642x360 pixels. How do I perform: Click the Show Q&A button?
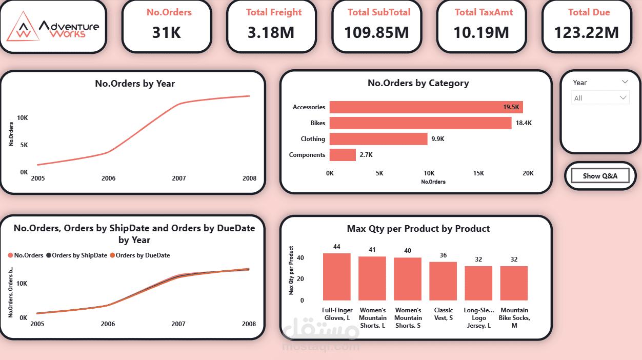point(600,176)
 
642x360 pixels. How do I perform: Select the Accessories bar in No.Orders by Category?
point(426,107)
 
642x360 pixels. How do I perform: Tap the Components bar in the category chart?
point(343,155)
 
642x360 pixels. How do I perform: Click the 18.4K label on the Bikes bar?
point(524,123)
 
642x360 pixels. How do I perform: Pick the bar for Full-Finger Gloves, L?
point(336,277)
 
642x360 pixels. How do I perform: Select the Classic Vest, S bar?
point(443,281)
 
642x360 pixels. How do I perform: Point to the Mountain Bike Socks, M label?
point(514,318)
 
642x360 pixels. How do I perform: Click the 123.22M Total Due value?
point(586,33)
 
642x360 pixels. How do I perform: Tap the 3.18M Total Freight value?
point(271,33)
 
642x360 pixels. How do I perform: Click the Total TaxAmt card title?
point(481,12)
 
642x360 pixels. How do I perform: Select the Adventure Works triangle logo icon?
point(23,27)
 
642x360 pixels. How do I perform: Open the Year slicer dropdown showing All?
point(600,97)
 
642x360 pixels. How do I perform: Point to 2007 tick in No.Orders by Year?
point(179,178)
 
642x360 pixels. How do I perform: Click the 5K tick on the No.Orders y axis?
point(24,145)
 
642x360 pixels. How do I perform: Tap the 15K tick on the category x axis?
point(478,173)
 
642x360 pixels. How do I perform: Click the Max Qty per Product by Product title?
point(418,229)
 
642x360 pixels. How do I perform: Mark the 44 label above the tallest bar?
point(336,247)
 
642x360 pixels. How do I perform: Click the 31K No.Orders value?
point(167,33)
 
